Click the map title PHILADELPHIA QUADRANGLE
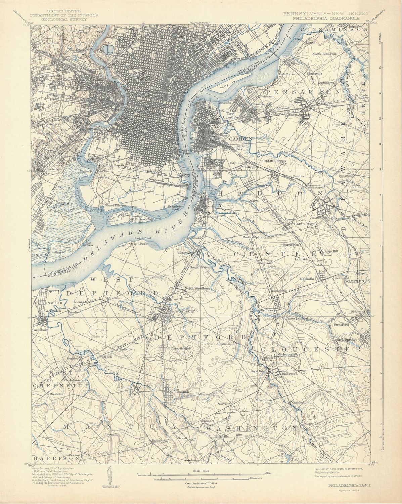coord(326,18)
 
